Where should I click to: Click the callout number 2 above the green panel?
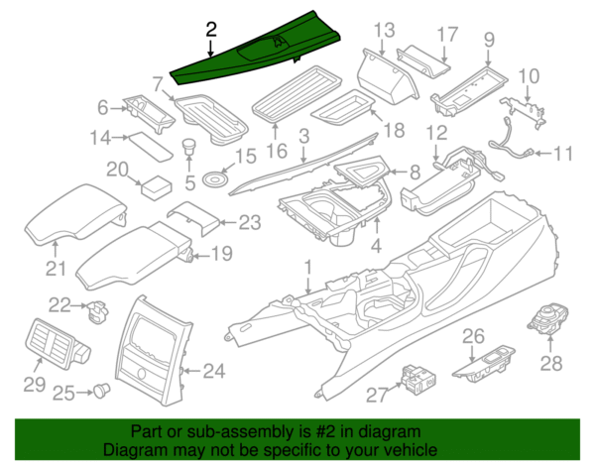[x=209, y=29]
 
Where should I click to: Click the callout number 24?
[x=215, y=373]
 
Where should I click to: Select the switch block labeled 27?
[x=417, y=380]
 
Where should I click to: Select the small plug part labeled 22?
[x=96, y=310]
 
